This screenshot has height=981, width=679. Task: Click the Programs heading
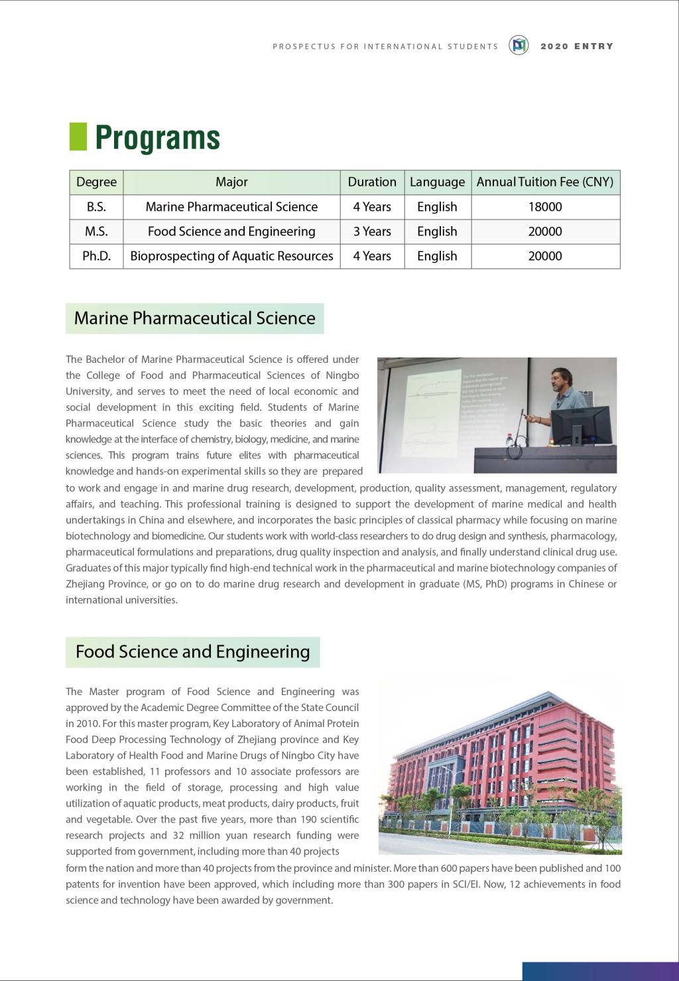pos(157,137)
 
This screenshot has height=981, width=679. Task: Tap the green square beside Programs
pos(78,137)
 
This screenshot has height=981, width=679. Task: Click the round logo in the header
pos(519,45)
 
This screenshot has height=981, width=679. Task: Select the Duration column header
pos(372,182)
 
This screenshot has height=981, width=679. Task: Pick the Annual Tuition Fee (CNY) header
pos(545,182)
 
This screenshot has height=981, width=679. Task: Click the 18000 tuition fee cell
pos(545,207)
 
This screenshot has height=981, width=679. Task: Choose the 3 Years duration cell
pos(372,231)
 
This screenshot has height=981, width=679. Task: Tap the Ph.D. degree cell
pos(96,256)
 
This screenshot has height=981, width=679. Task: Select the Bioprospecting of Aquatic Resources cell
pos(231,256)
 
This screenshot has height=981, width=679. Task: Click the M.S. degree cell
pos(96,231)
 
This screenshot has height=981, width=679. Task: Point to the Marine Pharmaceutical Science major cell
pos(231,207)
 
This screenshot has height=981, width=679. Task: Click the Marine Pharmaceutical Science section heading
pos(194,318)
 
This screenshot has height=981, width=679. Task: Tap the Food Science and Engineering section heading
pos(192,652)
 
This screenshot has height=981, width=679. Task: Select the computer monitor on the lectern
pos(580,425)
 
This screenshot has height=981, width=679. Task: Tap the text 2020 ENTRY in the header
pos(577,46)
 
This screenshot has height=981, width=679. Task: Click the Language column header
pos(437,182)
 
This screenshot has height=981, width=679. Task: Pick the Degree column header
pos(96,182)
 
